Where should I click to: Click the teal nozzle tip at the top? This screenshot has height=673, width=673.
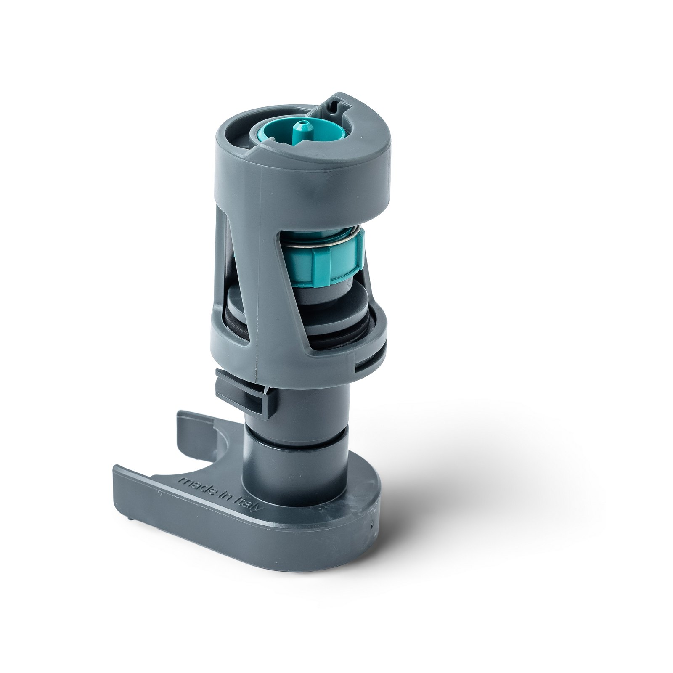click(300, 127)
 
